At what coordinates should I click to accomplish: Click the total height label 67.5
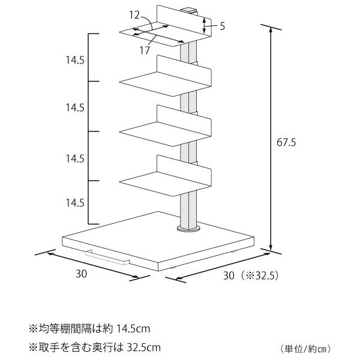(x=286, y=142)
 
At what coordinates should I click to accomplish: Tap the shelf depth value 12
(x=134, y=15)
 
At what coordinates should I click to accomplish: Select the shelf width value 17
(x=145, y=50)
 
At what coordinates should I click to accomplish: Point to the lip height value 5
(x=222, y=26)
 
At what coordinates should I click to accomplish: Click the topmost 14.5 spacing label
(x=75, y=60)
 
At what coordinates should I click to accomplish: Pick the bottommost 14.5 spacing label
(x=75, y=203)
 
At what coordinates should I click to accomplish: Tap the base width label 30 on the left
(x=81, y=274)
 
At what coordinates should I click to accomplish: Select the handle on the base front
(x=107, y=257)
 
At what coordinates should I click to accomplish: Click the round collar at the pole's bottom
(x=188, y=229)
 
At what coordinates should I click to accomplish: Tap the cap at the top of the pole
(x=189, y=11)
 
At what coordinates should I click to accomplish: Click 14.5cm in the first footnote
(x=133, y=329)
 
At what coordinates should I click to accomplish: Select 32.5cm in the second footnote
(x=144, y=347)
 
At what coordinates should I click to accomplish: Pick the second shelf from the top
(x=166, y=76)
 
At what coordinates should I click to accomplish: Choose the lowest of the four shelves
(x=166, y=176)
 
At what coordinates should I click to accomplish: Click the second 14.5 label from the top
(x=75, y=107)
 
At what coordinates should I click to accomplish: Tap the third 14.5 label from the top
(x=75, y=158)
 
